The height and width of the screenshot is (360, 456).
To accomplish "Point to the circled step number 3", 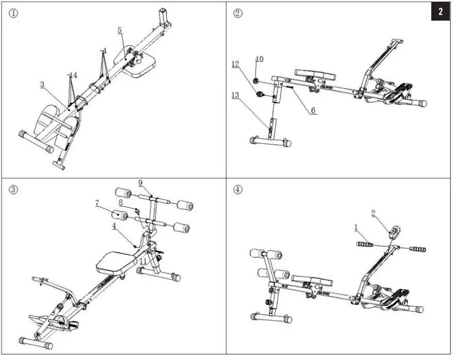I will pos(14,189).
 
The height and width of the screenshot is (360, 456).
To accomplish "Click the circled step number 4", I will pos(238,189).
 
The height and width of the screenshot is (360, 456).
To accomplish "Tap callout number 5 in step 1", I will pos(120,30).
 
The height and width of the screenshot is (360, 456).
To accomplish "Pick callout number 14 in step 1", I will pos(73,75).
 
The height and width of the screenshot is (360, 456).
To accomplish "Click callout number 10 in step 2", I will pos(259,59).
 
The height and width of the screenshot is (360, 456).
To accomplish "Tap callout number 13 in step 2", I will pos(235,94).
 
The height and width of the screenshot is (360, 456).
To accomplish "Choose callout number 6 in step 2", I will pos(313,110).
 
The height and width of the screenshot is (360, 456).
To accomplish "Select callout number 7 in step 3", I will pos(96,203).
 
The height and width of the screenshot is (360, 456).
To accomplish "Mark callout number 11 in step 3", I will pos(143,262).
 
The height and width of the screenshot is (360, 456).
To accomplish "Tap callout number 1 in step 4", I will pos(356,226).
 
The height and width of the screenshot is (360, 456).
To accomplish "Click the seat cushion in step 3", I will pos(116,262).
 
